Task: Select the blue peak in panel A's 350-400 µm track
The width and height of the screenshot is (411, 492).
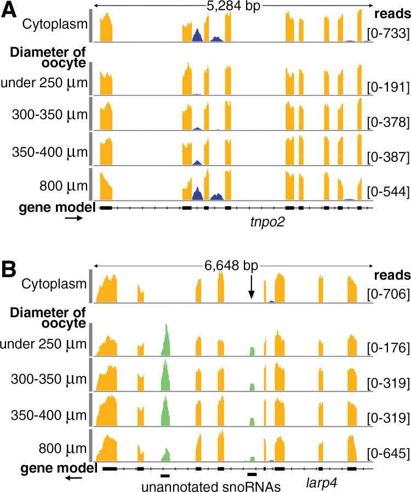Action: click(x=197, y=163)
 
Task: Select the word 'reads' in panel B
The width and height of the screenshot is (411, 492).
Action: click(x=391, y=274)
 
